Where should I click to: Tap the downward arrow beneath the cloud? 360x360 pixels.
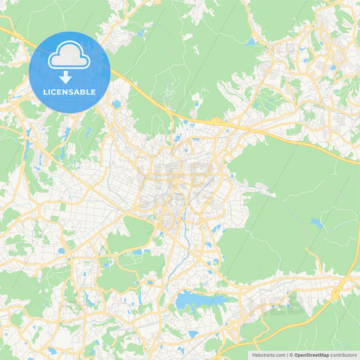pos(66,76)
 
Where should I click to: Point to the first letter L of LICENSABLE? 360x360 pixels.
pos(44,92)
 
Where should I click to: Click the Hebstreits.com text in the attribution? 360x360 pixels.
pos(268,355)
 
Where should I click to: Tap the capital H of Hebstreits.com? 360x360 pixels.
pos(254,355)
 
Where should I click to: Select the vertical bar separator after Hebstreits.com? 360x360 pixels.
pos(287,355)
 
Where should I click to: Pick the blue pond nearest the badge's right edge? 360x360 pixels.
pos(117,104)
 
